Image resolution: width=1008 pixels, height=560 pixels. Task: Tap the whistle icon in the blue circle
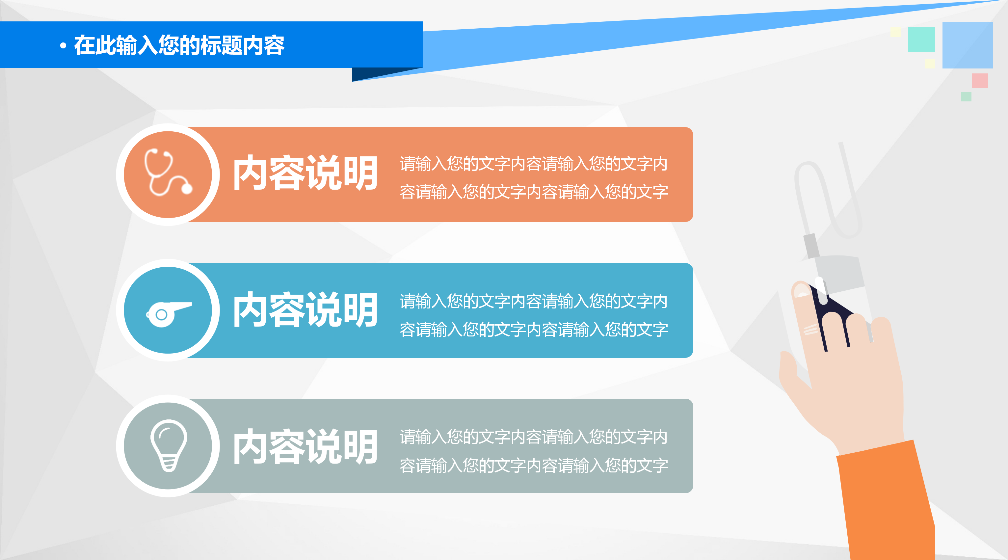click(x=168, y=313)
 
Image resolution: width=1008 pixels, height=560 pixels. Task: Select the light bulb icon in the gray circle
click(x=169, y=445)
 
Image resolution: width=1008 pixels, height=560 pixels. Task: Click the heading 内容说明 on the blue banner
click(x=305, y=310)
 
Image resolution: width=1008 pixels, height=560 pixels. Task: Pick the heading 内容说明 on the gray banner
click(x=305, y=446)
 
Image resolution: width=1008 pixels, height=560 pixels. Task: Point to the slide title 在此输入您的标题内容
click(x=179, y=45)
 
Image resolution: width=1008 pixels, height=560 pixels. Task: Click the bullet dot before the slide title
click(x=63, y=46)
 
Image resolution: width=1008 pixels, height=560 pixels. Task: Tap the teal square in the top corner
click(x=921, y=40)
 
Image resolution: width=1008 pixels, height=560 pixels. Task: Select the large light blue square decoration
click(x=967, y=45)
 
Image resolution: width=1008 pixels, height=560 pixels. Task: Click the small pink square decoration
click(x=979, y=81)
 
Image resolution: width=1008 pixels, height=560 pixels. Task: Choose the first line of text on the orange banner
click(x=533, y=164)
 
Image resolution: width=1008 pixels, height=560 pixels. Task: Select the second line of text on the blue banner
click(x=533, y=330)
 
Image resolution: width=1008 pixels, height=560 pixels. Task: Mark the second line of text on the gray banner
click(x=533, y=465)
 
